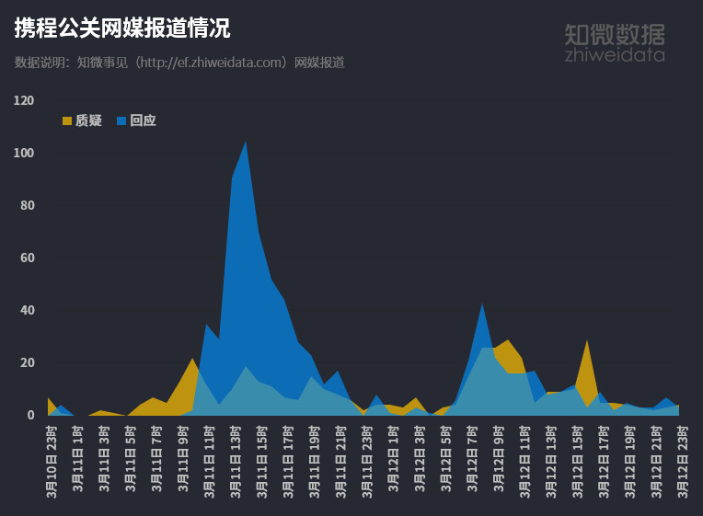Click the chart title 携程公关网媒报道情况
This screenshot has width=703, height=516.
coord(122,29)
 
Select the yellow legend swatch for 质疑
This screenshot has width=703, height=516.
coord(67,120)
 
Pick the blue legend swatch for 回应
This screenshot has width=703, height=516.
coord(121,120)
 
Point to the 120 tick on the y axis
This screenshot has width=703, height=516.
coord(24,100)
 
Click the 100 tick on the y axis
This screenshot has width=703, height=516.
coord(24,153)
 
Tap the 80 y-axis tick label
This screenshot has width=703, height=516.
coord(27,205)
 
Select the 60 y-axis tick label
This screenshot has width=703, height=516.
coord(27,258)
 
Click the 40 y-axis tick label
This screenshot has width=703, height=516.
coord(27,310)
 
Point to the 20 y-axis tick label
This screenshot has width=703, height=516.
coord(27,362)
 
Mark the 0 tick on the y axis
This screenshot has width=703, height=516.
coord(30,415)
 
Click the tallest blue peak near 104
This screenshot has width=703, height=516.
coord(245,143)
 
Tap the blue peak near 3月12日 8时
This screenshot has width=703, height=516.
coord(482,305)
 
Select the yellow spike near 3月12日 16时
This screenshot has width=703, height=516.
coord(587,343)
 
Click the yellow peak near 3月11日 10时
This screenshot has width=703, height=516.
coord(192,361)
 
